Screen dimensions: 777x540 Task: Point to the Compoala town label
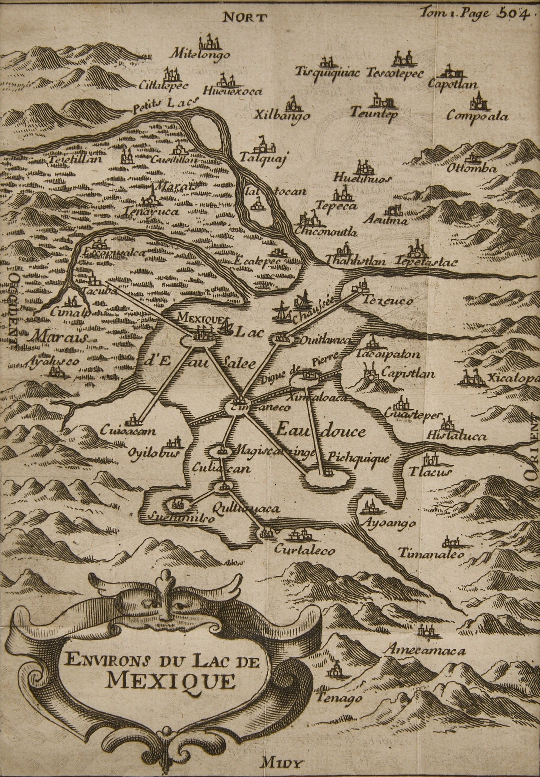point(477,116)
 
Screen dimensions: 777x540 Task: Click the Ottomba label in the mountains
point(472,169)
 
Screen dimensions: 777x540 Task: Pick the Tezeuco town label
point(387,301)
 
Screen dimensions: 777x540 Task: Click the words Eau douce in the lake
point(320,431)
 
